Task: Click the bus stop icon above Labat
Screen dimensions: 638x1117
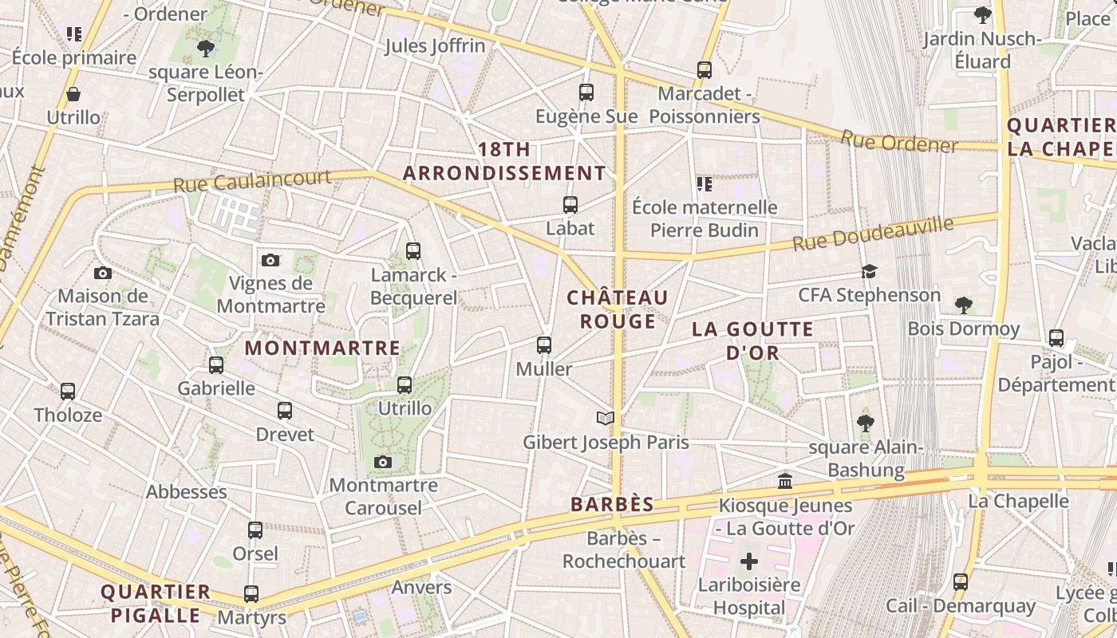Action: point(570,205)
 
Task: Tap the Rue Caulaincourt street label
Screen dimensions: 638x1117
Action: point(252,180)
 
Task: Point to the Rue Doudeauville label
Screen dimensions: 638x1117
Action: point(873,233)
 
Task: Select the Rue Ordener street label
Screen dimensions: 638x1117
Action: point(898,141)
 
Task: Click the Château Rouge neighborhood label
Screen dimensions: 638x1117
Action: point(618,309)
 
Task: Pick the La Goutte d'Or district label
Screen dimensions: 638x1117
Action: point(752,341)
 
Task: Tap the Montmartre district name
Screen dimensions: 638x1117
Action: point(322,349)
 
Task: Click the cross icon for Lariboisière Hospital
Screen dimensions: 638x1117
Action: point(748,561)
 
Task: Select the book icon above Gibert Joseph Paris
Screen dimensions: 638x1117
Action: point(606,418)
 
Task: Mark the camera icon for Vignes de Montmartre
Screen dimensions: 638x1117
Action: point(270,260)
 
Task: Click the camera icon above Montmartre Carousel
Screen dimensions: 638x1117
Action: point(383,462)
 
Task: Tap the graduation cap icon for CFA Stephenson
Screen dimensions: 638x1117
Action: point(869,272)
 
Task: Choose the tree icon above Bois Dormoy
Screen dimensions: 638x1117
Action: point(964,305)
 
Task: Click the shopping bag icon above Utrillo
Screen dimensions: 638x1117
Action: point(73,94)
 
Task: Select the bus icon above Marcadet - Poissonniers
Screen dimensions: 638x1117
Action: point(704,70)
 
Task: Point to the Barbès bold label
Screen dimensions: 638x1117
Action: point(612,504)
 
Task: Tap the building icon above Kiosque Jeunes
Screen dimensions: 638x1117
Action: point(785,482)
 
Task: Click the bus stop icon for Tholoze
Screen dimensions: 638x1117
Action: point(68,392)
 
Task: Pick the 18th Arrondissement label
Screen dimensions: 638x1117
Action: point(504,161)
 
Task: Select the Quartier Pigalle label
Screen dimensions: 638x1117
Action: point(156,604)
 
